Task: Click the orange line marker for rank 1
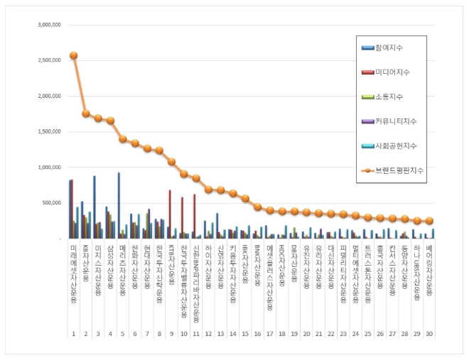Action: pos(74,55)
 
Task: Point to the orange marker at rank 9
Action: pos(171,162)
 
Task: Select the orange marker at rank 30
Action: pos(429,221)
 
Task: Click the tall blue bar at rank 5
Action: pos(119,205)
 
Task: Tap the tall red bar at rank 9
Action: pos(170,214)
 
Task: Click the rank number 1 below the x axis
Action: pos(73,333)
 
